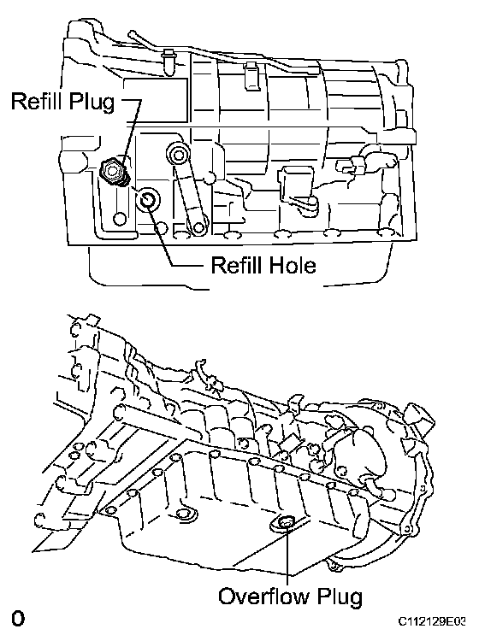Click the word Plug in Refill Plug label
tap(92, 103)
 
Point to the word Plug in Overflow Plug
tap(340, 597)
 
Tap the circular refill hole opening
tap(148, 199)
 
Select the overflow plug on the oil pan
tap(286, 523)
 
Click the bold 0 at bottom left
tap(18, 618)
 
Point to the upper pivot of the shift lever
tap(178, 154)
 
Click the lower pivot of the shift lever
tap(198, 227)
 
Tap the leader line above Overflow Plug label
tap(287, 556)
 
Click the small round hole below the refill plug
tap(120, 219)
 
